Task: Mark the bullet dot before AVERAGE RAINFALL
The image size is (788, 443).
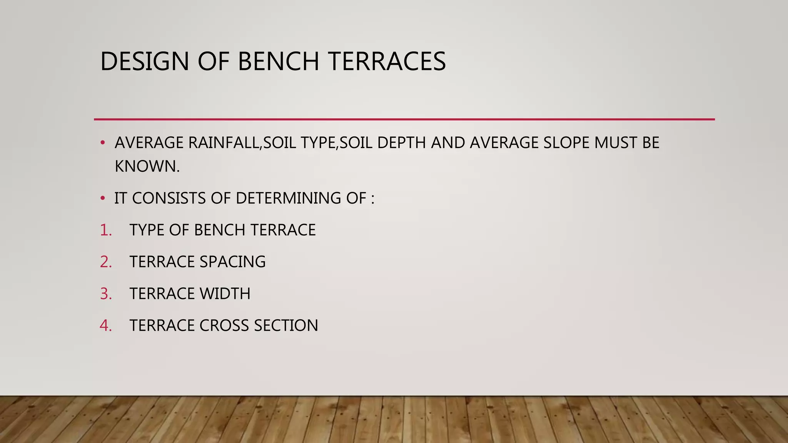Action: (102, 143)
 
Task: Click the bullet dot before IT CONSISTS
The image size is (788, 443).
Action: (102, 198)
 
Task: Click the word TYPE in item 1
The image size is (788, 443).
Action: (147, 230)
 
